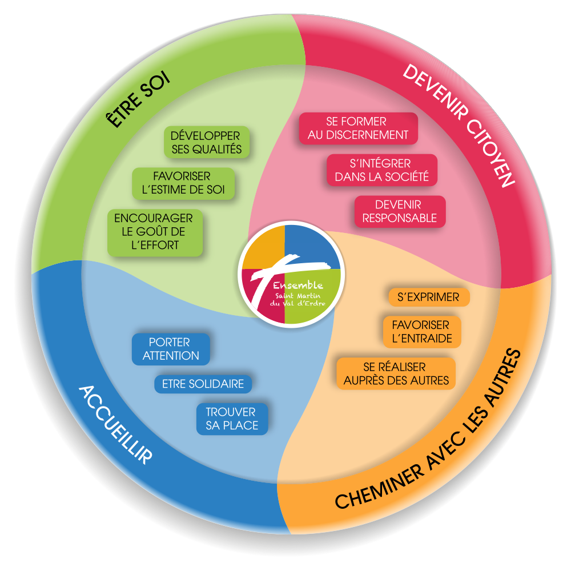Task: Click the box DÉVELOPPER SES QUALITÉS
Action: pyautogui.click(x=206, y=143)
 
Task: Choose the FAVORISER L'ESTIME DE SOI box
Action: pyautogui.click(x=182, y=183)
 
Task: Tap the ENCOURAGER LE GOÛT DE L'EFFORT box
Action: pyautogui.click(x=154, y=232)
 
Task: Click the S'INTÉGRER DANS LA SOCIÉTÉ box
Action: pyautogui.click(x=381, y=170)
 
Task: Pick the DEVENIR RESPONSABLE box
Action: pyautogui.click(x=399, y=211)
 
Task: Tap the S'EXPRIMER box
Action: pyautogui.click(x=428, y=297)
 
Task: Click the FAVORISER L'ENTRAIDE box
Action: pyautogui.click(x=421, y=332)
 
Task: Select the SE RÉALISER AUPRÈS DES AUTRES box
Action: pyautogui.click(x=395, y=373)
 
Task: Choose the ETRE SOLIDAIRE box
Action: pyautogui.click(x=203, y=384)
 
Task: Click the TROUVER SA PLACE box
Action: pyautogui.click(x=231, y=419)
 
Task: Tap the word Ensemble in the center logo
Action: pyautogui.click(x=297, y=285)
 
